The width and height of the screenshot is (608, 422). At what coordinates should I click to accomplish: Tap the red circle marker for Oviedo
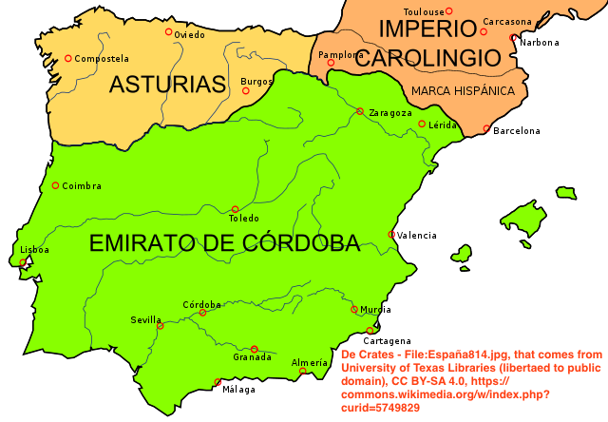[x=169, y=31]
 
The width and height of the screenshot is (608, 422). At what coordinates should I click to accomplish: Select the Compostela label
[x=102, y=59]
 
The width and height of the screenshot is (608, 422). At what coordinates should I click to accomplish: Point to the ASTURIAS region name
[x=167, y=85]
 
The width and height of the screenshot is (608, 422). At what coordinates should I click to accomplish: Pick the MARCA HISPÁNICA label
[x=463, y=91]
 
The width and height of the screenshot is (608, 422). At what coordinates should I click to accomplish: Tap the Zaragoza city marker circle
[x=360, y=111]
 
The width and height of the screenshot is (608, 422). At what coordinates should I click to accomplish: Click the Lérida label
[x=445, y=125]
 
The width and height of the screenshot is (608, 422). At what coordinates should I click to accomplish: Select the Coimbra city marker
[x=55, y=185]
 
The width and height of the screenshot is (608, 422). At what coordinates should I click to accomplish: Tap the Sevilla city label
[x=146, y=319]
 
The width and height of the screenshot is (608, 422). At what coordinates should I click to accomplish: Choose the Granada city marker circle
[x=254, y=349]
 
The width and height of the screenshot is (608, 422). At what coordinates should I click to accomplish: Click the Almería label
[x=310, y=362]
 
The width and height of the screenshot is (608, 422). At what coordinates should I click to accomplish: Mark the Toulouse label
[x=425, y=11]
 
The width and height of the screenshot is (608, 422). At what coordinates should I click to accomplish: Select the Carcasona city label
[x=507, y=22]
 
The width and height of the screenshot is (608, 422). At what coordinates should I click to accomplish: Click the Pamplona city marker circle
[x=332, y=63]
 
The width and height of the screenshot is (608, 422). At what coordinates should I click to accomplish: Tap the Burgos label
[x=256, y=81]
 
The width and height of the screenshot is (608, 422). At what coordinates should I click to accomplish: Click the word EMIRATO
[x=142, y=243]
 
